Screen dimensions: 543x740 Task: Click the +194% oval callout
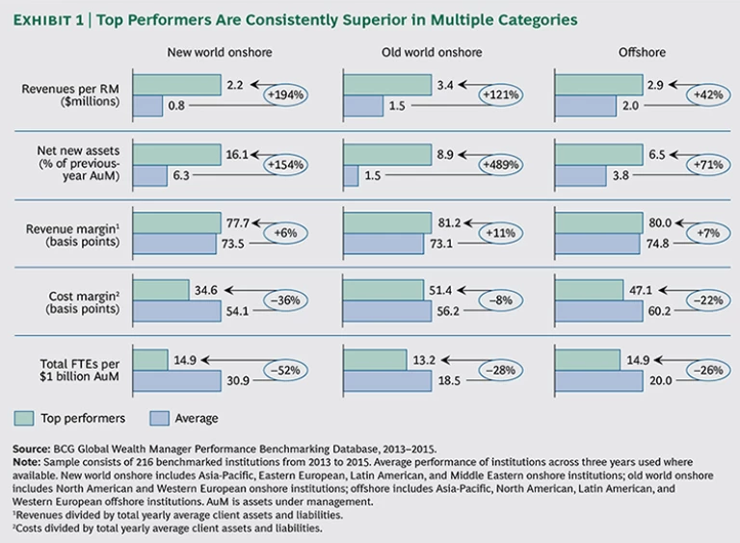point(285,95)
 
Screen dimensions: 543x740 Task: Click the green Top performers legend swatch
point(25,418)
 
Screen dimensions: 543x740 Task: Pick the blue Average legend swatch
point(162,418)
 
